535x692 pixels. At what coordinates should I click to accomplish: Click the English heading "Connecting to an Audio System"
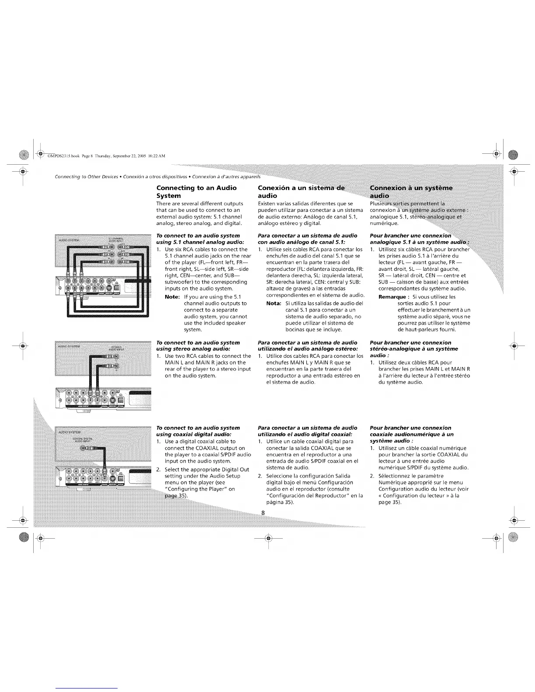[x=196, y=192]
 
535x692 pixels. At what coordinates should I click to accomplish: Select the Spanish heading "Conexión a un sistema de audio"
[x=301, y=192]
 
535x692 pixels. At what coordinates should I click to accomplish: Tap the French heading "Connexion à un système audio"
[x=411, y=192]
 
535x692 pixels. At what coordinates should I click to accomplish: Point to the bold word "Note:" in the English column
[x=172, y=297]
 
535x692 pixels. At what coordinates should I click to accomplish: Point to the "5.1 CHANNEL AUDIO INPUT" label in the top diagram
[x=115, y=239]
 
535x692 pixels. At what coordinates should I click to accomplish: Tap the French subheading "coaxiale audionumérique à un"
[x=411, y=434]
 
